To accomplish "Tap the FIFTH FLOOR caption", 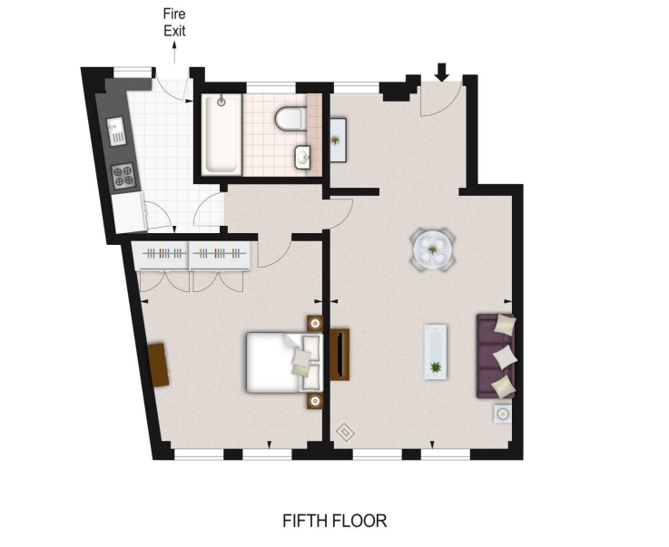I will point(334,521).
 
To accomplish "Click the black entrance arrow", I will point(443,72).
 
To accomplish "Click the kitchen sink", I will point(117,132).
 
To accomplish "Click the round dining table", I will point(432,247).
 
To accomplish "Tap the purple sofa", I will point(497,355).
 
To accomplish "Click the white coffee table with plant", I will point(437,352).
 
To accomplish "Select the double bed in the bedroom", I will point(280,362).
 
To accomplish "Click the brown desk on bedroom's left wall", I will point(159,364).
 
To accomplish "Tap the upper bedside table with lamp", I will point(315,322).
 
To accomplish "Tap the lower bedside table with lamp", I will point(315,400).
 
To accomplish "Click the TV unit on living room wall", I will point(339,355).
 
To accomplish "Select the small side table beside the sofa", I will point(502,415).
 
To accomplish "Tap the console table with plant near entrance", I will point(336,140).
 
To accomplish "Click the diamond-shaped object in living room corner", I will point(345,431).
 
